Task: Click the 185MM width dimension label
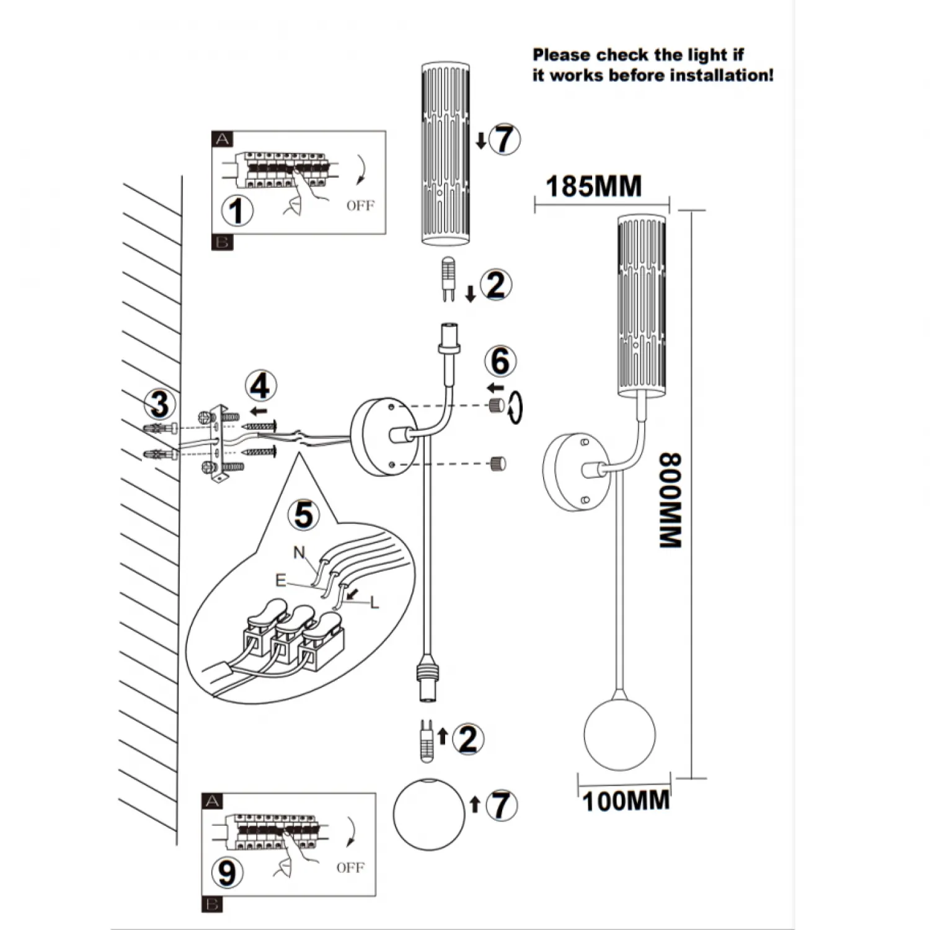coord(593,187)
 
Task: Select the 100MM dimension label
coord(626,800)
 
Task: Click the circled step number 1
coord(237,211)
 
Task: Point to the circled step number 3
coord(160,404)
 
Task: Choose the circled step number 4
coord(260,386)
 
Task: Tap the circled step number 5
coord(303,515)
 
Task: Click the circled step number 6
coord(500,361)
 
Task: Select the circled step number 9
coord(227,872)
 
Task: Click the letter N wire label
coord(299,552)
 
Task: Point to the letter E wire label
coord(281,580)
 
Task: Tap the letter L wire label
coord(374,602)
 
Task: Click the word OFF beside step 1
coord(360,205)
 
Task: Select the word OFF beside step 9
coord(350,867)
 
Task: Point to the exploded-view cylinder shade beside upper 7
coord(445,153)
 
